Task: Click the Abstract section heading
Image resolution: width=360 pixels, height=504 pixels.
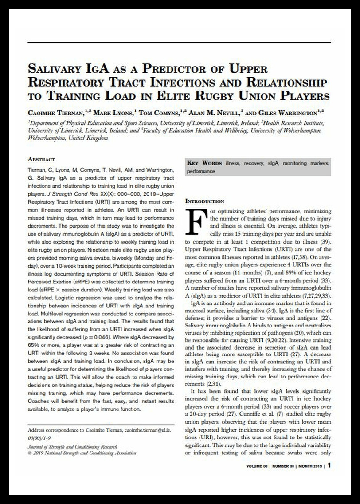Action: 41,159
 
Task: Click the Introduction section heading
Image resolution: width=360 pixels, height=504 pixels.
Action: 204,201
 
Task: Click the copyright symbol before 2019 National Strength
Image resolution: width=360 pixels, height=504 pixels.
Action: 30,453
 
